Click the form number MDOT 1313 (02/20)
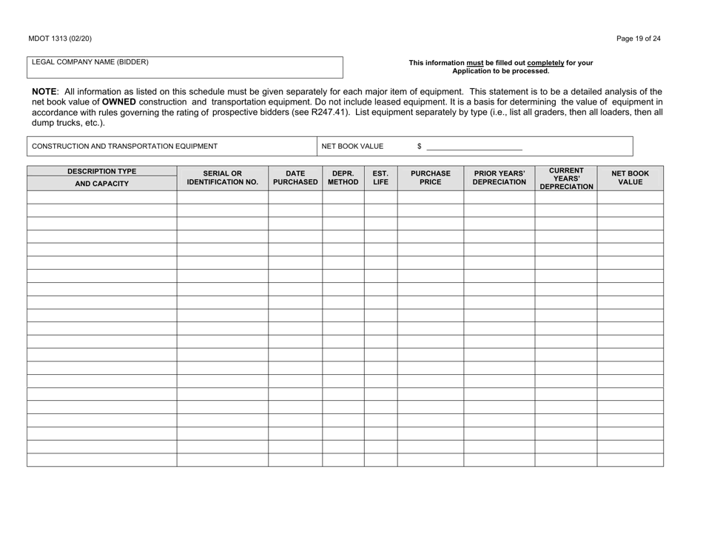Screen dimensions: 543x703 pos(61,39)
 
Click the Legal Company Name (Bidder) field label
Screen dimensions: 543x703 pos(90,61)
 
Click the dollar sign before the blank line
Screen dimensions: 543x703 pos(419,147)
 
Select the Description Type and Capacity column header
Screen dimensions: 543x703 pos(101,177)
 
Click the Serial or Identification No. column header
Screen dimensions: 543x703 pos(223,176)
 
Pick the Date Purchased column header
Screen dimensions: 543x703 pos(295,176)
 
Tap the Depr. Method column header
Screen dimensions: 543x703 pos(343,176)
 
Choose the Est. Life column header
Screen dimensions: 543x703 pos(380,176)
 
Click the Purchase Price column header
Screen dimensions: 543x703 pos(430,176)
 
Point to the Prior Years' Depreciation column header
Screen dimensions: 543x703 pos(499,176)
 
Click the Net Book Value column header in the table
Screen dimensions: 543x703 pos(630,176)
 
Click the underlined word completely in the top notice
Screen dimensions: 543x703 pos(549,63)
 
